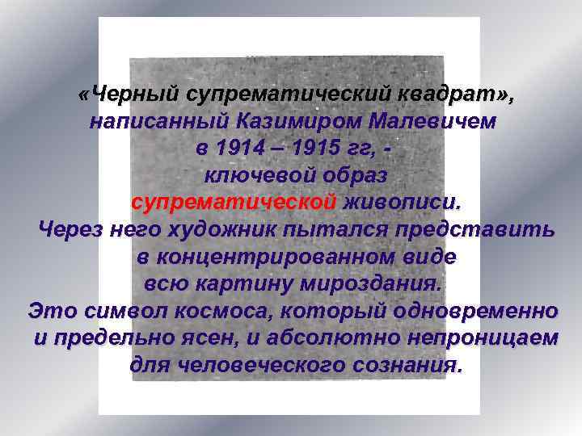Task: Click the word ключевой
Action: [x=247, y=175]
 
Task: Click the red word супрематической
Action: [x=233, y=202]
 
